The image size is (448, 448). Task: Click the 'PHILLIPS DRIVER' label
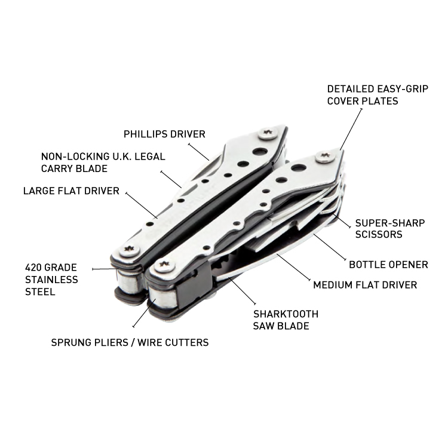[x=164, y=134]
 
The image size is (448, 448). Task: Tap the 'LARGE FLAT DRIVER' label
[x=71, y=191]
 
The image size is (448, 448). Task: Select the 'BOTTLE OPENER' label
[x=388, y=264]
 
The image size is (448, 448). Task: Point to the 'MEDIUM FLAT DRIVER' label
[x=365, y=285]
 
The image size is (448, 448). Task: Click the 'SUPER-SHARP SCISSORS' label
[x=390, y=229]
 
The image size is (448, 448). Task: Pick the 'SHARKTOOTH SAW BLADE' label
[x=286, y=320]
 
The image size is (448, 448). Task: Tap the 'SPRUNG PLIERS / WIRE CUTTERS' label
[x=130, y=342]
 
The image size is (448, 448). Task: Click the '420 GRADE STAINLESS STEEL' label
[x=51, y=280]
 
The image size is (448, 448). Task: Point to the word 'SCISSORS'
[x=378, y=235]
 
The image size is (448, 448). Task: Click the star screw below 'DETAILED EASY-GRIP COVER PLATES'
[x=325, y=158]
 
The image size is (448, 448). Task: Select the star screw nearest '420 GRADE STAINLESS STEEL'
[x=127, y=250]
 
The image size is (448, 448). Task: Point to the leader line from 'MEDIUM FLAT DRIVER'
[x=293, y=267]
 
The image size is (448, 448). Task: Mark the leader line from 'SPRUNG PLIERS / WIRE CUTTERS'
[x=141, y=315]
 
